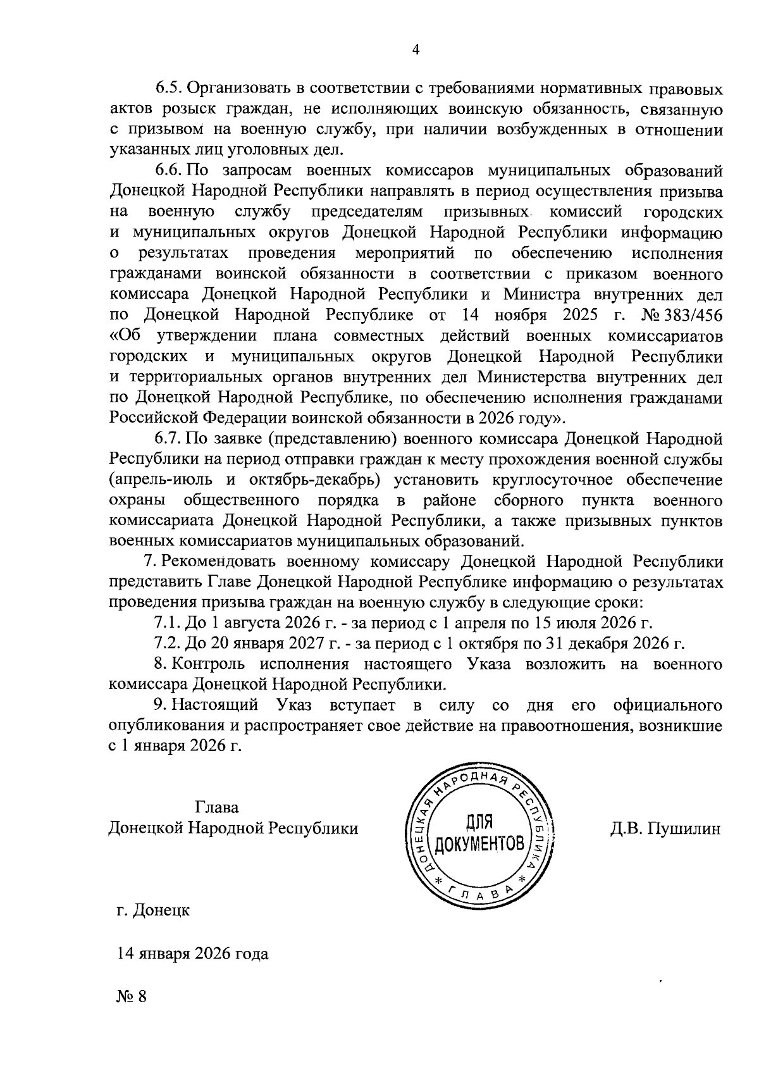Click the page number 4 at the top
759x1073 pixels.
(x=416, y=51)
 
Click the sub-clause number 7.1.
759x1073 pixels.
(x=168, y=623)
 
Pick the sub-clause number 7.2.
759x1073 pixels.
(x=168, y=644)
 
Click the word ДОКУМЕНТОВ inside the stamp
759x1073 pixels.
(x=479, y=843)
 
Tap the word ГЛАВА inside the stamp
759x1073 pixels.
(x=479, y=893)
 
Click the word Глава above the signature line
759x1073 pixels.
(x=218, y=808)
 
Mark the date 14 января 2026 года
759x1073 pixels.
(x=192, y=953)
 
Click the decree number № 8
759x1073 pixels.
(x=132, y=996)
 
